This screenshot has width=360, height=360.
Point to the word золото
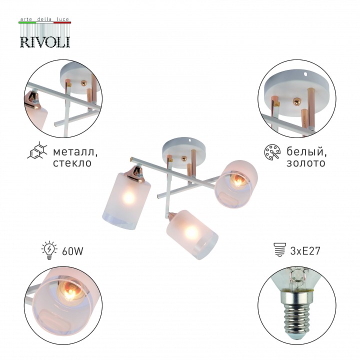pyautogui.click(x=306, y=163)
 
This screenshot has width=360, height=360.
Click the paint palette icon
pyautogui.click(x=272, y=152)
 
